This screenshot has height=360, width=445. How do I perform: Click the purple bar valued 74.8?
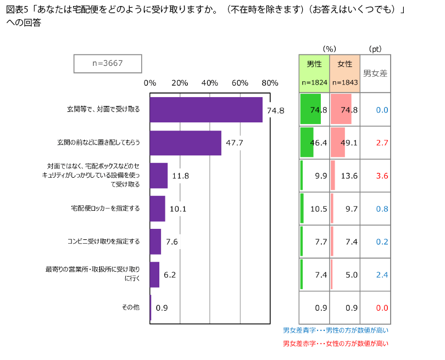click(x=206, y=110)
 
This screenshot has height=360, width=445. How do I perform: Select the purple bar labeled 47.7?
click(x=186, y=143)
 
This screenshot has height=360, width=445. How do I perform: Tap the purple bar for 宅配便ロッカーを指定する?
click(x=158, y=209)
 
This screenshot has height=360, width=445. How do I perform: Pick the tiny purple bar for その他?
click(x=151, y=308)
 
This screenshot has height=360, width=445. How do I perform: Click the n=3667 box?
click(x=108, y=64)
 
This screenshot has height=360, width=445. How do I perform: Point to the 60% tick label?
click(x=240, y=83)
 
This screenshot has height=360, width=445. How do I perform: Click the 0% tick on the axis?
click(x=149, y=83)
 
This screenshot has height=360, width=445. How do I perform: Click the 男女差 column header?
click(x=375, y=72)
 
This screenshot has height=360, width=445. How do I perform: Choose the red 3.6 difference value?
click(x=382, y=176)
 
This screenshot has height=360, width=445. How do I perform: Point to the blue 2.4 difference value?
click(x=382, y=274)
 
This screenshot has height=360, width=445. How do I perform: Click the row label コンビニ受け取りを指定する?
click(x=103, y=241)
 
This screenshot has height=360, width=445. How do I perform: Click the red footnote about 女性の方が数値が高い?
click(x=335, y=344)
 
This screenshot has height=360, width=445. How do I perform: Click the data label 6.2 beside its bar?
click(x=169, y=275)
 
